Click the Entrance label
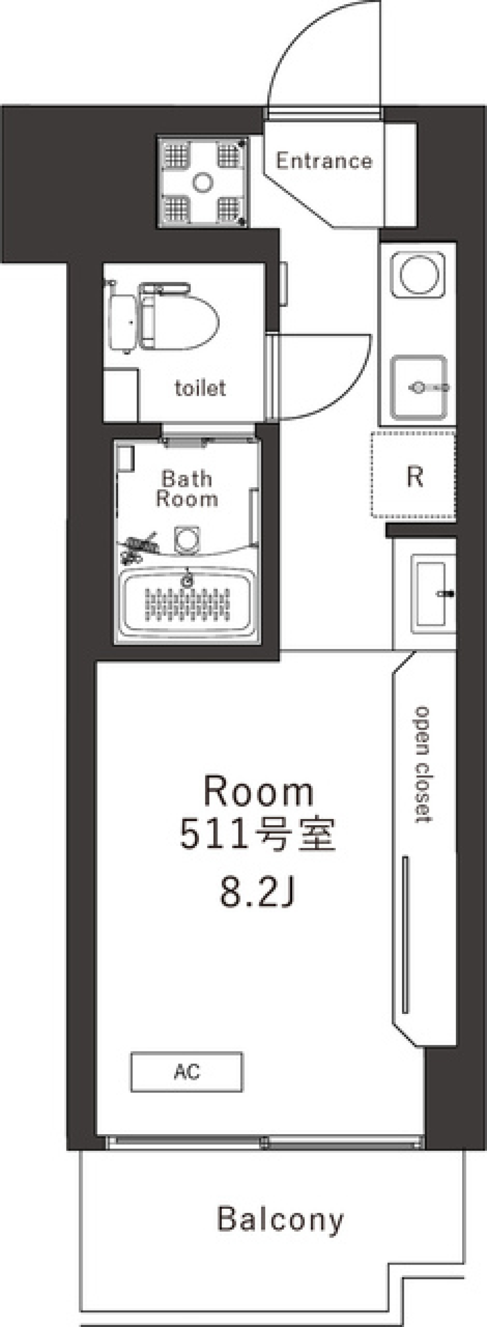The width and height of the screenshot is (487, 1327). point(324,161)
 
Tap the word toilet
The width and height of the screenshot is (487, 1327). point(200,388)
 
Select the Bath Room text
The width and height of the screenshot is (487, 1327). point(187,489)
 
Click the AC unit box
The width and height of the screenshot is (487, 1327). point(186,1072)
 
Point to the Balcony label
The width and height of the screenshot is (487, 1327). point(280,1219)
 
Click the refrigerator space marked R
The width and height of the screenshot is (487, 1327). point(414,477)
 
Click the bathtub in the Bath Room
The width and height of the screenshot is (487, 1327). point(187,603)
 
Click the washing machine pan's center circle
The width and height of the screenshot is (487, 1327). point(203,182)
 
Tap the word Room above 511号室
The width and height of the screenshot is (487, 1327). point(258,791)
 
